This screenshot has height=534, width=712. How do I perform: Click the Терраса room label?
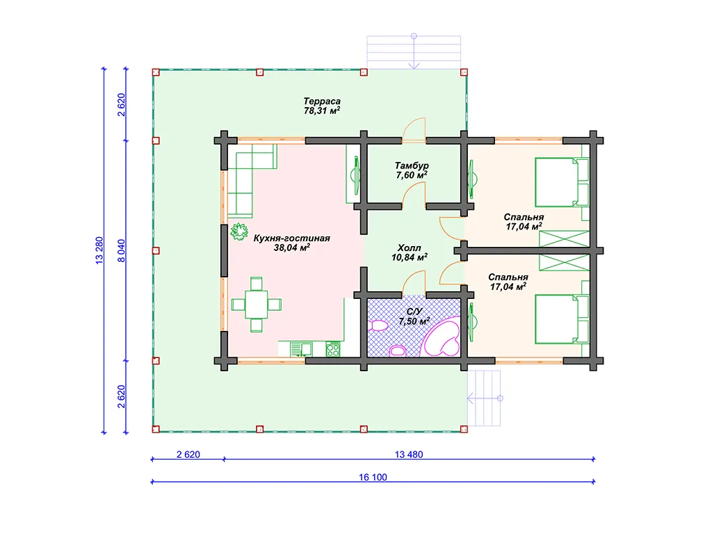[322, 101]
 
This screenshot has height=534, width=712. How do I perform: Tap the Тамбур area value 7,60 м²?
[412, 175]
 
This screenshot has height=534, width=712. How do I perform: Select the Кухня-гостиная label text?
[291, 238]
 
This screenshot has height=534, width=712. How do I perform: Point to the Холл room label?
[409, 248]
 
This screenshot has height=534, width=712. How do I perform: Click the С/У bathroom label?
[414, 311]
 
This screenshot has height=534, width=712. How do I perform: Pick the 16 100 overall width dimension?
[373, 477]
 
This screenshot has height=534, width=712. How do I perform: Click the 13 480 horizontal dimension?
[409, 454]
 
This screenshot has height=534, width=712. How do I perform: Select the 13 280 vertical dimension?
[99, 250]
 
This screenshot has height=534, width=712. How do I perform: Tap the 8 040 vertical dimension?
[121, 250]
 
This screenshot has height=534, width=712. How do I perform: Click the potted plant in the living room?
[238, 232]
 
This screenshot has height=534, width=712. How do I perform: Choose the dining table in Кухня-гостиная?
[257, 305]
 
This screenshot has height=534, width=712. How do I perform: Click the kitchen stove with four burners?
[333, 349]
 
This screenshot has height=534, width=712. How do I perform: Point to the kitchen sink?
[301, 349]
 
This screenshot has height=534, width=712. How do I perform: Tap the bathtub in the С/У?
[442, 339]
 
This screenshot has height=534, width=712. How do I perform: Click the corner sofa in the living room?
[248, 180]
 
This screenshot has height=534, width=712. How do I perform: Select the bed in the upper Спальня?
[562, 181]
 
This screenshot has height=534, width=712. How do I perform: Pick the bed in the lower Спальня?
[562, 319]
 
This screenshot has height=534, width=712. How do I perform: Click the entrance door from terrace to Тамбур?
[414, 130]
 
